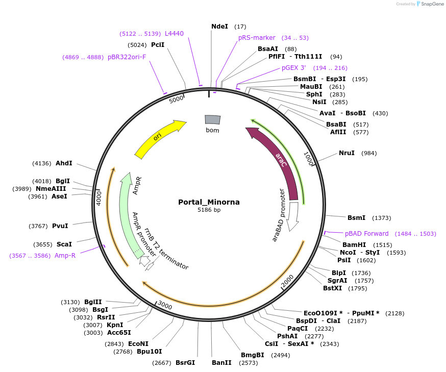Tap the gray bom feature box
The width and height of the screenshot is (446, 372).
(212, 119)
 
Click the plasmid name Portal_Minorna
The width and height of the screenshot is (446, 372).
(209, 202)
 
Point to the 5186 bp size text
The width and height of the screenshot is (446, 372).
(209, 210)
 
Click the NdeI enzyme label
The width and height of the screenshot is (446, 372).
(219, 26)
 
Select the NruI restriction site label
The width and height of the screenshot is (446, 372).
(346, 153)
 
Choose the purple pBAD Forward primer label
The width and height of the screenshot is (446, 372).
(366, 234)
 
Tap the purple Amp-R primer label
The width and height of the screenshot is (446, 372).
(65, 256)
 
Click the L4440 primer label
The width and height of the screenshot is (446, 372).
(174, 34)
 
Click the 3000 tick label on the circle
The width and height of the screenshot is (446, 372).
(165, 305)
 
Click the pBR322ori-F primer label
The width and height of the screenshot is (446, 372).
(127, 57)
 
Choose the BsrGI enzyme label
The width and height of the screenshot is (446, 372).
(185, 363)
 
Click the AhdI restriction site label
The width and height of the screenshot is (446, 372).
(64, 163)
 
